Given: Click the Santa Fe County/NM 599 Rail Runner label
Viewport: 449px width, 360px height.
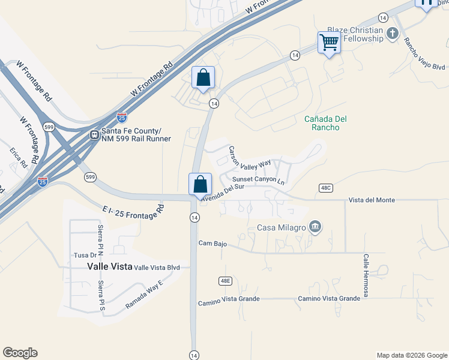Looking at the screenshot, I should click(x=136, y=135).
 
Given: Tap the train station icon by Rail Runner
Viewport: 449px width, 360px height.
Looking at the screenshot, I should click(x=94, y=135).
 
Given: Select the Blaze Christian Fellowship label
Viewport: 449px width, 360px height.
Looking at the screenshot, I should click(x=355, y=34).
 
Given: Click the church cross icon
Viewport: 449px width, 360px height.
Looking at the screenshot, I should click(x=393, y=34).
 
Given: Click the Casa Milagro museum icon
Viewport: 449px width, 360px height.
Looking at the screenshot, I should click(x=315, y=227).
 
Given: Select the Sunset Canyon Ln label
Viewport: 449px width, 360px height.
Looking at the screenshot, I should click(x=258, y=179).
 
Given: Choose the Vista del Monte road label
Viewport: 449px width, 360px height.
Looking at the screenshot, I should click(x=372, y=200).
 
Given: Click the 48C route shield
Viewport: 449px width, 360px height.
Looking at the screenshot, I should click(x=326, y=188).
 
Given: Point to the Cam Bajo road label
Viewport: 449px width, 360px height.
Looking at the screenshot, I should click(x=212, y=243).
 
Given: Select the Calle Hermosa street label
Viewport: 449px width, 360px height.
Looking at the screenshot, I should click(x=365, y=275).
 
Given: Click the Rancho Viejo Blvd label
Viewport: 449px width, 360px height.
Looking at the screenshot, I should click(x=424, y=54).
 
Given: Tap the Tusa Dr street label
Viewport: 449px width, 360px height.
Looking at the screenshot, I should click(x=81, y=254).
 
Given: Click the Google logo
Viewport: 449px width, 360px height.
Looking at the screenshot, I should click(x=20, y=353).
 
